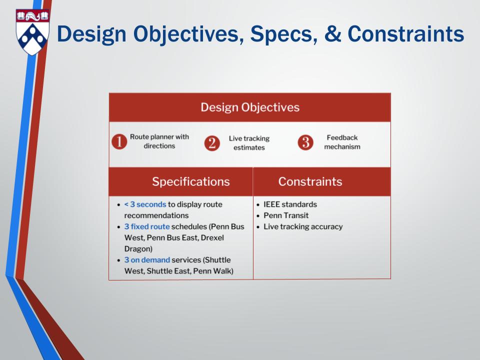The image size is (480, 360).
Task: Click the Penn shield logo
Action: pos(32,32)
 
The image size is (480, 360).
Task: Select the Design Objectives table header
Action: pos(250,107)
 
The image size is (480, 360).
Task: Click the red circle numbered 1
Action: pos(119,141)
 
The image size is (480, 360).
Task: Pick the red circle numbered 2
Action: pos(212,143)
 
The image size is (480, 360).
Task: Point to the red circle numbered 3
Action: pos(305,142)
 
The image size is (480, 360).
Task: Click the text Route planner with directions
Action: pos(159,141)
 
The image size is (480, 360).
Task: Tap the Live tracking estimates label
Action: pos(249,143)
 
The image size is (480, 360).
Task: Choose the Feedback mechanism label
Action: pos(342,142)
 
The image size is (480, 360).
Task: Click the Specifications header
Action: pos(190,181)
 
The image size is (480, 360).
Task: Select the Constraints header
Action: pos(310,181)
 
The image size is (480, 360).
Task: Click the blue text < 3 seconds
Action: pos(145,204)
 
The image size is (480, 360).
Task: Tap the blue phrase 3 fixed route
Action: pos(147,226)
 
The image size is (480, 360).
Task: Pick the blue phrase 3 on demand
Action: pos(147,260)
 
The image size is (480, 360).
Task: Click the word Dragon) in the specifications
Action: pos(138,249)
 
